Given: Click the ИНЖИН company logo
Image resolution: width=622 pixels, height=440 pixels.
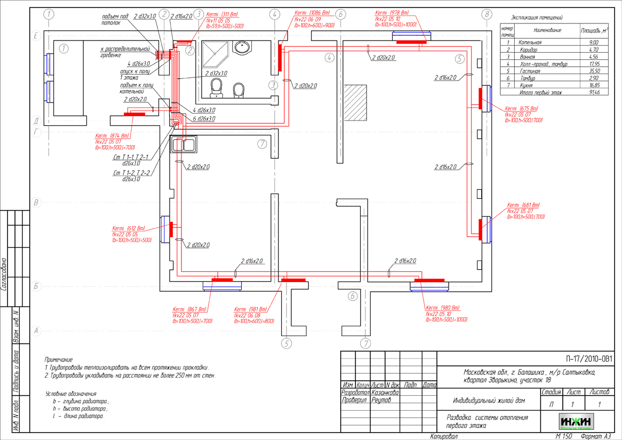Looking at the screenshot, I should pyautogui.click(x=576, y=421).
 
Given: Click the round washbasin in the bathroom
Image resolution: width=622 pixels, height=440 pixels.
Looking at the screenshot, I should pyautogui.click(x=242, y=47).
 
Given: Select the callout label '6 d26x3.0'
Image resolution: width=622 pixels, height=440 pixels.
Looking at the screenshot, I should pyautogui.click(x=204, y=118).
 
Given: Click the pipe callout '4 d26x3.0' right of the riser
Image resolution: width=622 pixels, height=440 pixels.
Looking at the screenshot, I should pyautogui.click(x=204, y=110).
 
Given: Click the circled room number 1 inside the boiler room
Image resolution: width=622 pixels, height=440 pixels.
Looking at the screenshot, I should pyautogui.click(x=65, y=49).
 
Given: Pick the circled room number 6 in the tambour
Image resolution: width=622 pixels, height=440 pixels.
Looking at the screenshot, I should pyautogui.click(x=352, y=296).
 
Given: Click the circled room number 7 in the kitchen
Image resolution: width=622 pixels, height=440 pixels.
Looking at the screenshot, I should pyautogui.click(x=261, y=143).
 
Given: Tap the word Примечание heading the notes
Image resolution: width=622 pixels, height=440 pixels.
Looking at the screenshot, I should pyautogui.click(x=59, y=360).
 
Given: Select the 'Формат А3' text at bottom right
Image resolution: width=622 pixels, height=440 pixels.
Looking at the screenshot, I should pyautogui.click(x=596, y=436).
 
